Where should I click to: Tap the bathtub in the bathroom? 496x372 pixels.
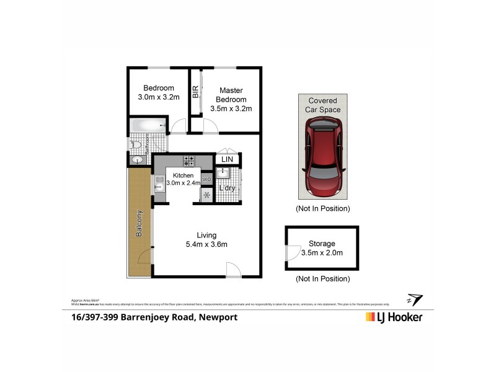click(x=148, y=126)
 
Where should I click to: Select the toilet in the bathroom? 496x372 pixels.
click(x=135, y=144)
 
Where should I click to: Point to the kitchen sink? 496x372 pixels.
click(x=159, y=184)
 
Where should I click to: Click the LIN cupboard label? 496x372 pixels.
click(x=227, y=160)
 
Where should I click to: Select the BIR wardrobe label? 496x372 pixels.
click(x=195, y=92)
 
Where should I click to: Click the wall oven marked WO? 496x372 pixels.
click(x=206, y=180)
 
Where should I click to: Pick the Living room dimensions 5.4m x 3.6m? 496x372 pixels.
click(x=206, y=244)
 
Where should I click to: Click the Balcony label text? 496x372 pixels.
click(x=139, y=224)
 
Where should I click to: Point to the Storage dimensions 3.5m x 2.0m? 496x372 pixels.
click(x=321, y=252)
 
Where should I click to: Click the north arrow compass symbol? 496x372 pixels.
click(x=414, y=299)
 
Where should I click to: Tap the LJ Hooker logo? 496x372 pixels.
click(x=394, y=317)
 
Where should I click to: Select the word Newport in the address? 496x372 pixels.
click(x=218, y=317)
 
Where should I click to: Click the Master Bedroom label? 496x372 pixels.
click(x=231, y=95)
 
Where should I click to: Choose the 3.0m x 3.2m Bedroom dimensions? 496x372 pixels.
click(x=158, y=97)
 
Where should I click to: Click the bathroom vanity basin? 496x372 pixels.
click(x=138, y=159)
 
